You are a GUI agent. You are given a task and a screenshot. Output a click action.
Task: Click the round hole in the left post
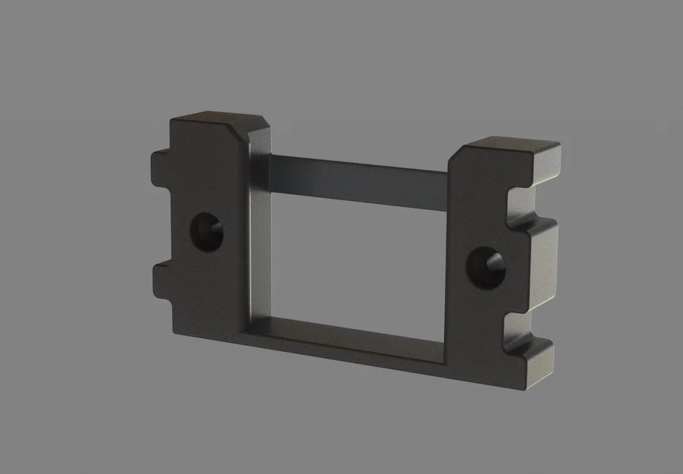point(205,231)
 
